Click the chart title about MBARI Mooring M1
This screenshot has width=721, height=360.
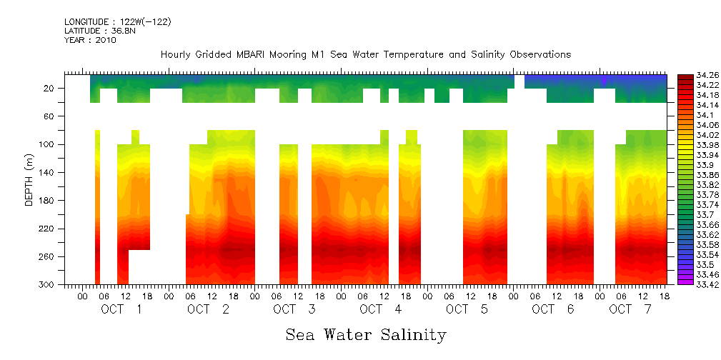pyautogui.click(x=365, y=55)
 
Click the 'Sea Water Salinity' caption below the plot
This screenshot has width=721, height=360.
pyautogui.click(x=366, y=334)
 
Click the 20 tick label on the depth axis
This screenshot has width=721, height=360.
pyautogui.click(x=49, y=88)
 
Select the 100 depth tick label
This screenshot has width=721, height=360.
pyautogui.click(x=47, y=144)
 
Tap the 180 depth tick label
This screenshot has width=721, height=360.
pyautogui.click(x=47, y=201)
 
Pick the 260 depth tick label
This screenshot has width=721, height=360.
pyautogui.click(x=47, y=256)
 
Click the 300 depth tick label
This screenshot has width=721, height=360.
pyautogui.click(x=47, y=284)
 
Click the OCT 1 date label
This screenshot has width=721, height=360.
pyautogui.click(x=121, y=309)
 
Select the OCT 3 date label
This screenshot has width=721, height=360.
pyautogui.click(x=294, y=309)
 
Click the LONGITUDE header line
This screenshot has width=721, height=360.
pyautogui.click(x=117, y=22)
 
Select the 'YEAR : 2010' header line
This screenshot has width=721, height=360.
pyautogui.click(x=90, y=40)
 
